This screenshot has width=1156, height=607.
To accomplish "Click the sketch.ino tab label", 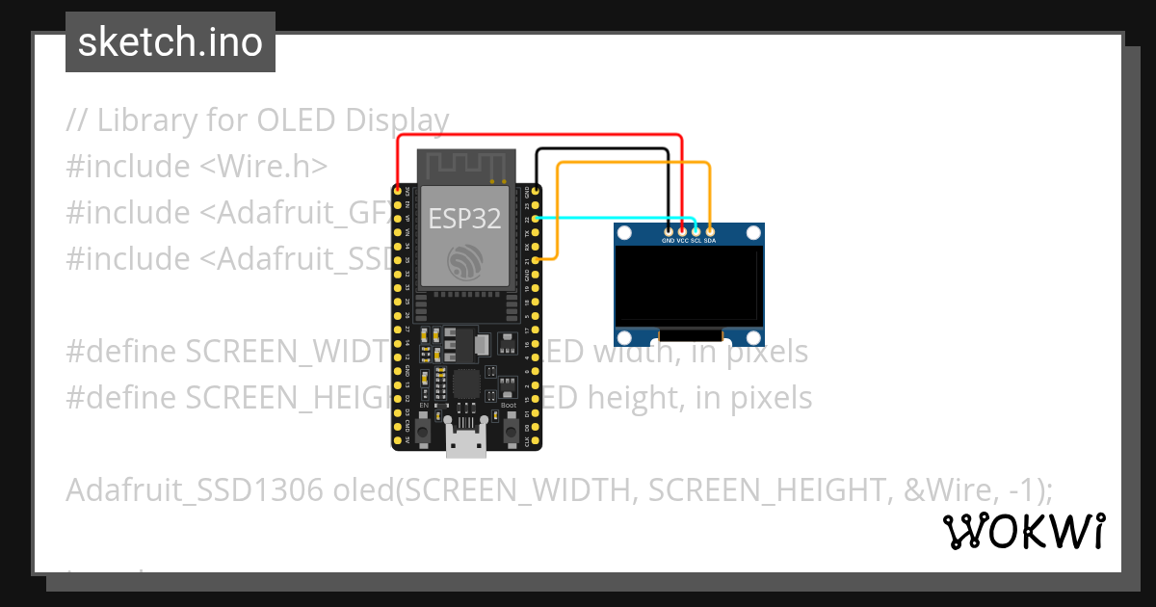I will (x=171, y=42).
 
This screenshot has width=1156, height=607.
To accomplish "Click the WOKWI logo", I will (x=1024, y=531).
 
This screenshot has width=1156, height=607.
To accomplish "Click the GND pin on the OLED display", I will (x=669, y=231).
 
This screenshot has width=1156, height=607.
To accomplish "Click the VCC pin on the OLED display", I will (x=682, y=231).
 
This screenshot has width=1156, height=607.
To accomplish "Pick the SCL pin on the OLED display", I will (x=696, y=231).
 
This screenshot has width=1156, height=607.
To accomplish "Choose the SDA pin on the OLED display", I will (x=710, y=231).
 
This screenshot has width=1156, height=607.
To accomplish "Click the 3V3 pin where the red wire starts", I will (x=398, y=190).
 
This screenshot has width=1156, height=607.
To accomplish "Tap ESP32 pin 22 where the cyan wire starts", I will (x=536, y=218).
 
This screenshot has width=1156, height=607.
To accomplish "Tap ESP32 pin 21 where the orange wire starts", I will (x=536, y=259).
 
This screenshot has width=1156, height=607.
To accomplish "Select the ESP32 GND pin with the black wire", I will (x=536, y=190).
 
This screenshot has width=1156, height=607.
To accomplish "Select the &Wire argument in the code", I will (x=950, y=490).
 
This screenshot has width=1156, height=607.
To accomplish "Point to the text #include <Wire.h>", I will (x=197, y=167).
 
